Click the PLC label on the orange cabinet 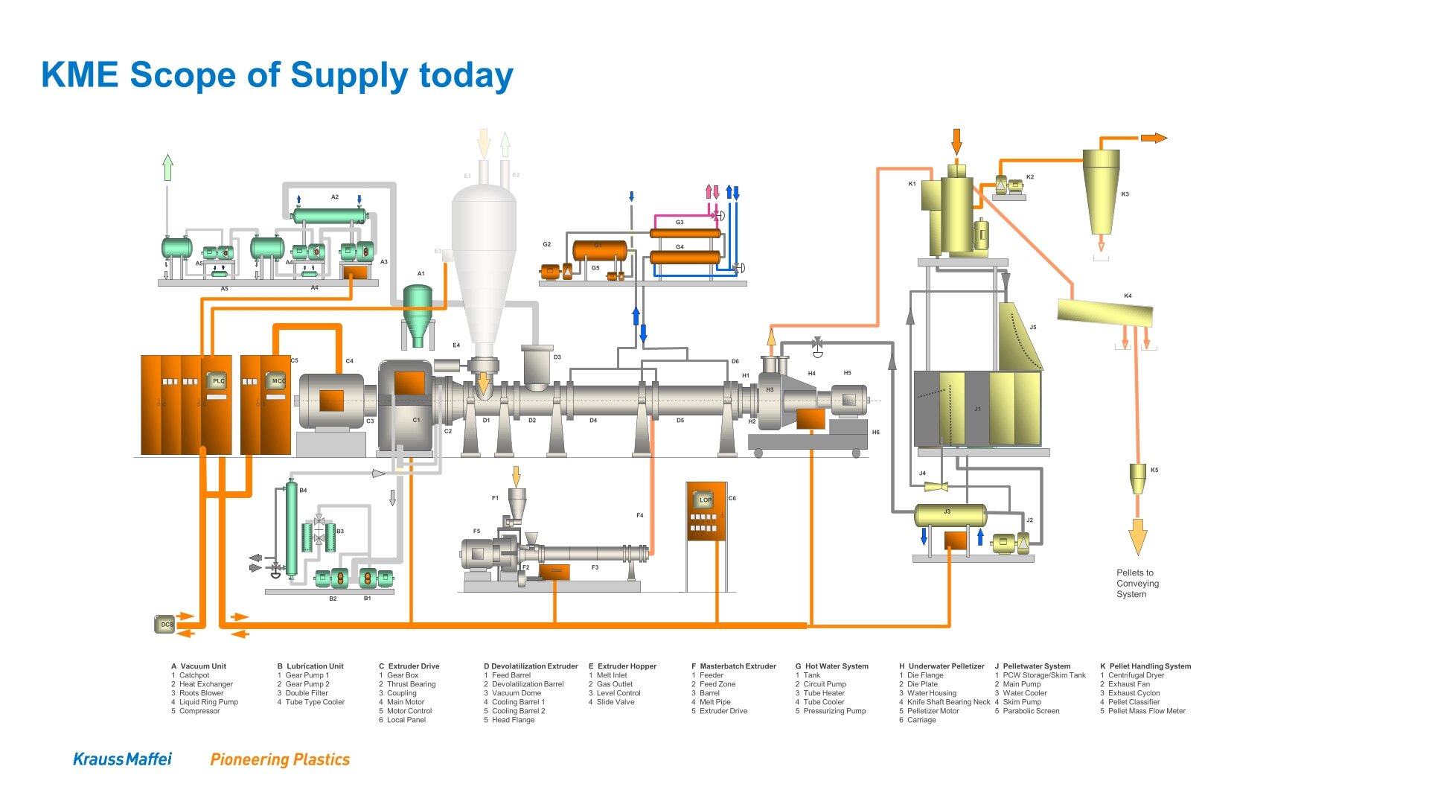coord(218,380)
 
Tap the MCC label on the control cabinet coord(278,380)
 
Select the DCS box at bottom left coord(165,625)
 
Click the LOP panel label coord(704,500)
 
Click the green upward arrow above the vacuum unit coord(168,167)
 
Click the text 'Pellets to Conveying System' coord(1137,583)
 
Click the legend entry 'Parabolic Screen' coord(1031,711)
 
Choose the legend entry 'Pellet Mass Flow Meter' coord(1146,711)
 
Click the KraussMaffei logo coord(122,759)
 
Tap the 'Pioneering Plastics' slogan coord(280,759)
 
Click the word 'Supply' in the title coord(348,75)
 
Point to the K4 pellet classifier coord(1104,313)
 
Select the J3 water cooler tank coord(950,515)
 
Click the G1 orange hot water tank coord(599,250)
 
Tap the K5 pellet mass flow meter coord(1137,478)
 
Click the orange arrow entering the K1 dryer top coord(956,141)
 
